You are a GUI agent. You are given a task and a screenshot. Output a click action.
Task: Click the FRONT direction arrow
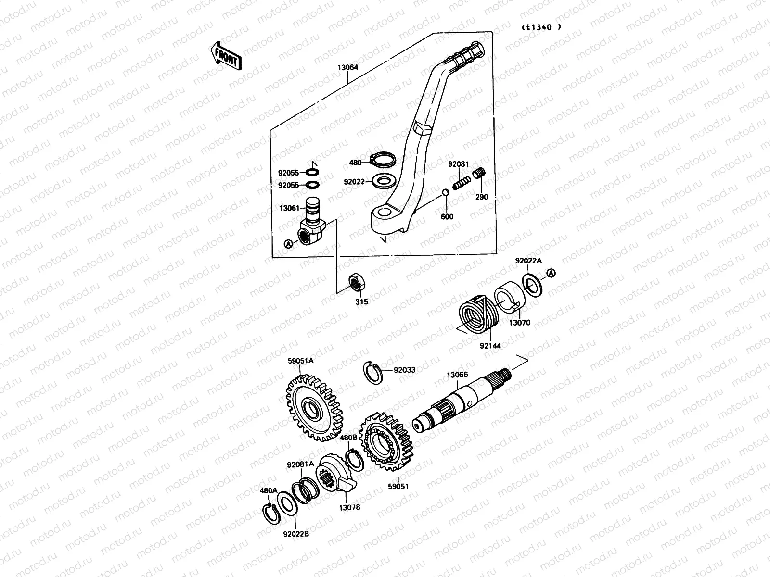tap(226, 57)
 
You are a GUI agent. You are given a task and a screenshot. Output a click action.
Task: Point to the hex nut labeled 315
tap(356, 282)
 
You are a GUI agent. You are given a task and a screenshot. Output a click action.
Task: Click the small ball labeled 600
tap(446, 193)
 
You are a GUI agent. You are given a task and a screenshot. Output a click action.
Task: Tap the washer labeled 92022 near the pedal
tap(383, 182)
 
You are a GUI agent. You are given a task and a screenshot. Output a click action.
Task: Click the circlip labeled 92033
tap(372, 372)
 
